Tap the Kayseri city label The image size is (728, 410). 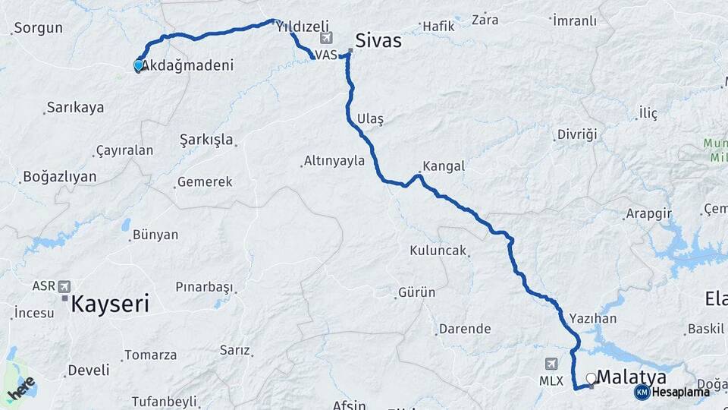[110, 304]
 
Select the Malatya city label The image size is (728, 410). [632, 377]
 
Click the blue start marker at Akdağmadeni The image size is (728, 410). [138, 66]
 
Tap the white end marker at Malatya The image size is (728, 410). [591, 377]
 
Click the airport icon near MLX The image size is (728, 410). [551, 364]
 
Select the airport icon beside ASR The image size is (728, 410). [64, 286]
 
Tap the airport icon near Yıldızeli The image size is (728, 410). [326, 38]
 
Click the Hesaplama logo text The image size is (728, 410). [680, 392]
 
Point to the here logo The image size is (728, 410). [21, 388]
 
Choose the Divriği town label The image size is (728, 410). [577, 134]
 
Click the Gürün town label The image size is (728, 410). [417, 292]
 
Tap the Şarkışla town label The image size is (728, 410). [206, 140]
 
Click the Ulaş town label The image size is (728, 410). [370, 119]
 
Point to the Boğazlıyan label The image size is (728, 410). [60, 177]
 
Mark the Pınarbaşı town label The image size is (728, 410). [203, 287]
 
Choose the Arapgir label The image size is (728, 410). [649, 214]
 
